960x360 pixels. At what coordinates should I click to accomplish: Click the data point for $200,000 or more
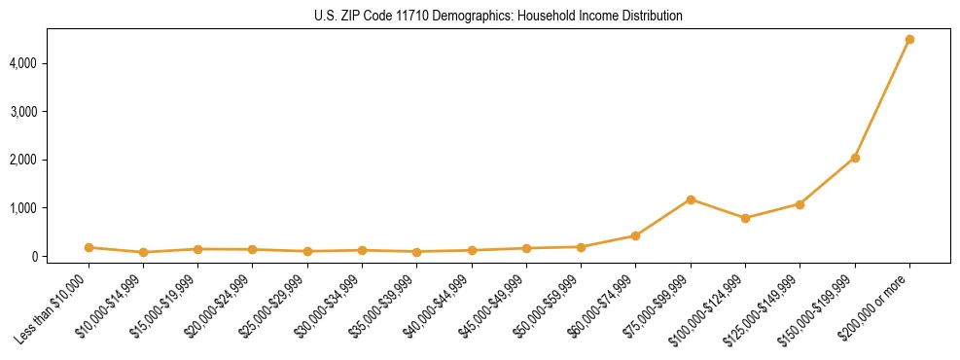(x=909, y=39)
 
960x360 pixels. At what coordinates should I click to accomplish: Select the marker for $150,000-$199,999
(x=855, y=158)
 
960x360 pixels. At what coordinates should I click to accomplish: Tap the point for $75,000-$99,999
(x=691, y=199)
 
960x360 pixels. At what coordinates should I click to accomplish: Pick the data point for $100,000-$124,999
(x=745, y=218)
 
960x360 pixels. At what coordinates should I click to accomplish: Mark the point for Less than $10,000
(x=89, y=247)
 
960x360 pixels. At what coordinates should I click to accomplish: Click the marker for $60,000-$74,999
(x=635, y=235)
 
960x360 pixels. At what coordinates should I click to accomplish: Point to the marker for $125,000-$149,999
(x=800, y=204)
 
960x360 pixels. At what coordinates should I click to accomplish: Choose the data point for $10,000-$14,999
(x=143, y=252)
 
